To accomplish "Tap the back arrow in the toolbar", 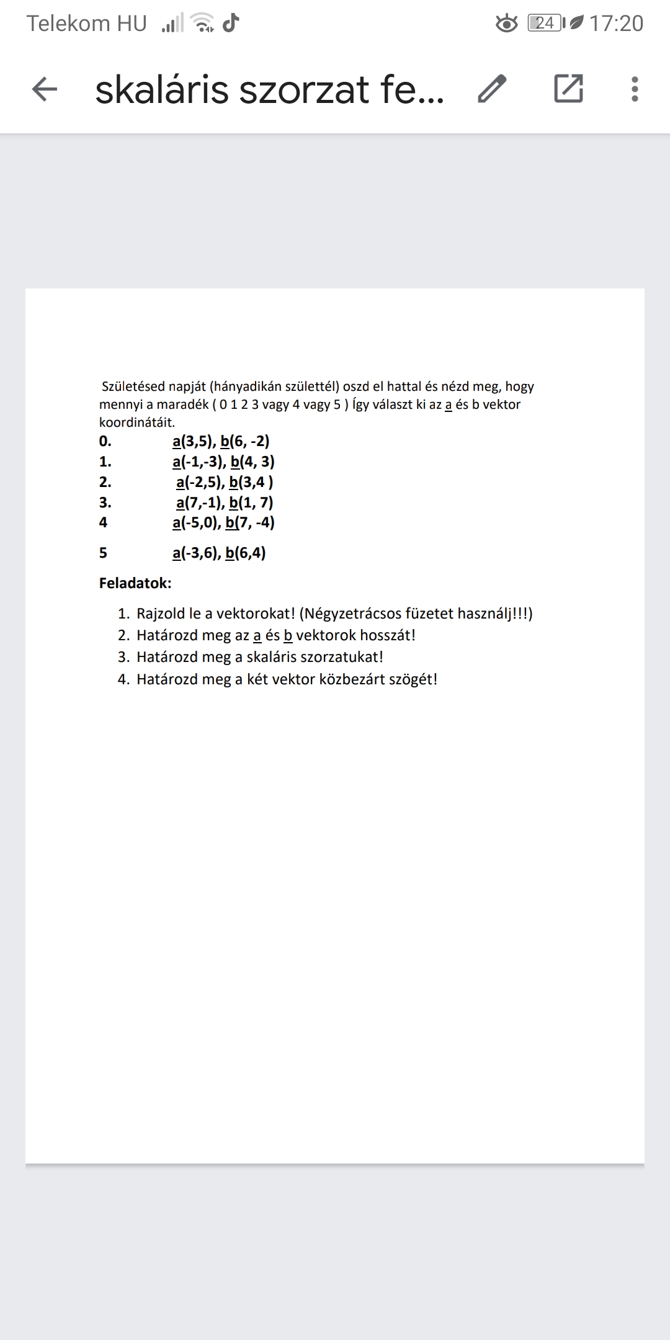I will [x=44, y=89].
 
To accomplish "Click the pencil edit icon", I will [x=493, y=89].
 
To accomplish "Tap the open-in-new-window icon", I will [x=568, y=88].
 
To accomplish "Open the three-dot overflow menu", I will [x=634, y=89].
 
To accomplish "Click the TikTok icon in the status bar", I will [x=231, y=23].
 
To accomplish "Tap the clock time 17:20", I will [x=616, y=24].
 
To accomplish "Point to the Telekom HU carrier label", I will [x=87, y=24].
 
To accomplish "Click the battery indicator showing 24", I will [x=545, y=24].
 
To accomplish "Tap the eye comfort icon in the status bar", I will [x=507, y=24].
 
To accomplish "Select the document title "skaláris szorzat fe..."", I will [x=269, y=89].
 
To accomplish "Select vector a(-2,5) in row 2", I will [x=200, y=482].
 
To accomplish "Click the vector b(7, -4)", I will [x=250, y=522].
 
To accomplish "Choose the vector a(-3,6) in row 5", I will [x=196, y=553].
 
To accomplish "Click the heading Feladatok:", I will [x=135, y=583].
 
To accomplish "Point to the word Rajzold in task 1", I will [x=161, y=614].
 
